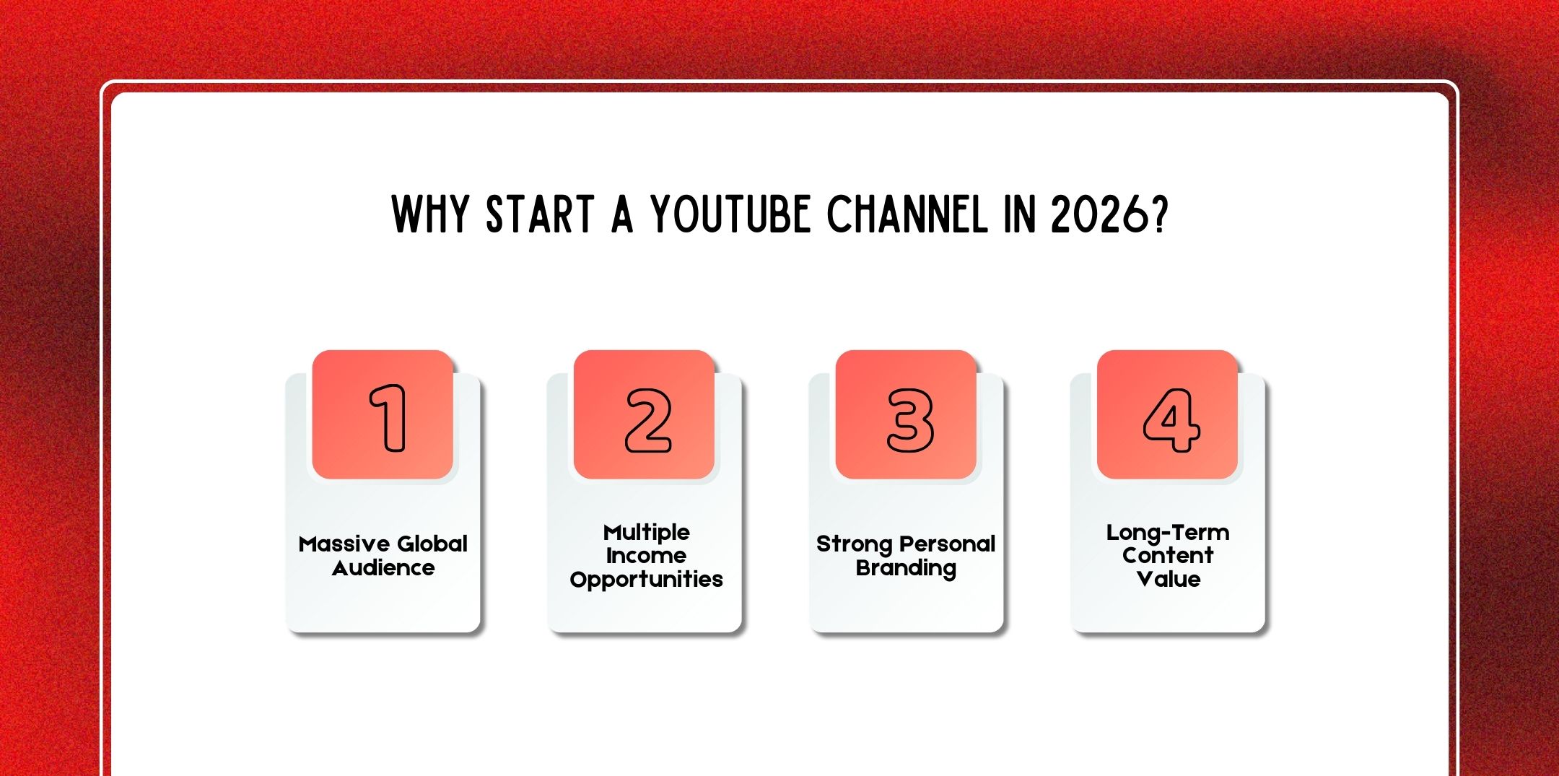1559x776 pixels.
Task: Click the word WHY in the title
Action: (430, 214)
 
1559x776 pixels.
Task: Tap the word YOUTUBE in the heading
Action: (730, 214)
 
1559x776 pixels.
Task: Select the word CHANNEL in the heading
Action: (907, 214)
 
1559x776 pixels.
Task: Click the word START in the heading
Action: (540, 214)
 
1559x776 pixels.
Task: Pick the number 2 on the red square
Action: (647, 420)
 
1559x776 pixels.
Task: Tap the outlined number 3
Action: (909, 420)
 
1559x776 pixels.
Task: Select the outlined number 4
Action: (1171, 420)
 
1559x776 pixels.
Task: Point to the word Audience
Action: (383, 569)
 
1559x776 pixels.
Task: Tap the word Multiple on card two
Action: (646, 533)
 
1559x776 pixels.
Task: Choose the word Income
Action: (646, 556)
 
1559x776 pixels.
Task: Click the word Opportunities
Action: (646, 580)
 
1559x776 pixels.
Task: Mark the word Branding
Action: (906, 569)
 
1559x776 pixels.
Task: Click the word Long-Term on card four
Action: (1168, 533)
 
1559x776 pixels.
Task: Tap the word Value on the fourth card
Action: (1168, 579)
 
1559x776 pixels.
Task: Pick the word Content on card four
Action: (1168, 556)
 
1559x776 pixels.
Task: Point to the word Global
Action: (432, 544)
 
